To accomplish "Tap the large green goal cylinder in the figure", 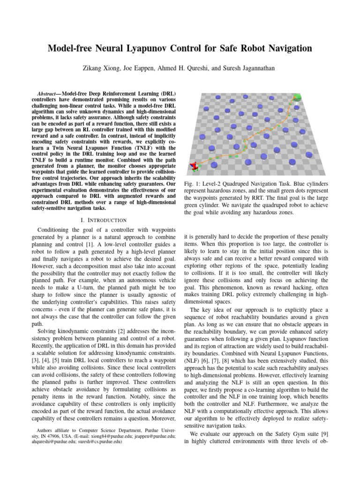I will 297,98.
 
